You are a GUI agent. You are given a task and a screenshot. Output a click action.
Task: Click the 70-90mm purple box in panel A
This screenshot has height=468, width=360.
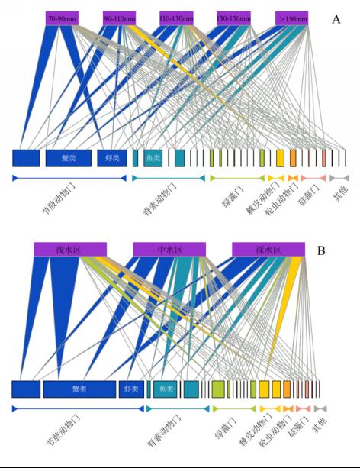click(x=62, y=18)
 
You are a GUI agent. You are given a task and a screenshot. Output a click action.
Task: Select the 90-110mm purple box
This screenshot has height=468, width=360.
click(x=119, y=18)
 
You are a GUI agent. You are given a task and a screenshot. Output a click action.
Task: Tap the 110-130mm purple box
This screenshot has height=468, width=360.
click(x=176, y=18)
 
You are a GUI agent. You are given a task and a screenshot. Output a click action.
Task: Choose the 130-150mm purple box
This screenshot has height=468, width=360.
click(x=233, y=18)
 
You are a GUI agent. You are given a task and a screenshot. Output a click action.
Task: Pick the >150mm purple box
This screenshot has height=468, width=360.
click(x=291, y=18)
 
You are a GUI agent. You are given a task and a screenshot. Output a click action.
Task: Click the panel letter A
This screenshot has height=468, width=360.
click(x=336, y=19)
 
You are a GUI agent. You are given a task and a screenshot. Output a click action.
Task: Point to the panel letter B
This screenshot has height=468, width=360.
click(x=321, y=250)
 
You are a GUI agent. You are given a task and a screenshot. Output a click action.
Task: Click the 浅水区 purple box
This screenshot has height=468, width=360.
click(x=70, y=249)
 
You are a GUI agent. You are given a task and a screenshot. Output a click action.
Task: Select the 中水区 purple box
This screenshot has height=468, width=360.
click(x=169, y=249)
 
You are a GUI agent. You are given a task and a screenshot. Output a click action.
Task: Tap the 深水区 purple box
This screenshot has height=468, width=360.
click(x=268, y=249)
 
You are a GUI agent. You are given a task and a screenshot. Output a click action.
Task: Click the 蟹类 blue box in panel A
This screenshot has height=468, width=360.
click(x=69, y=158)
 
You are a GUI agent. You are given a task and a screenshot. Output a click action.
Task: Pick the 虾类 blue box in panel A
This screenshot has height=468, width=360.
click(x=112, y=158)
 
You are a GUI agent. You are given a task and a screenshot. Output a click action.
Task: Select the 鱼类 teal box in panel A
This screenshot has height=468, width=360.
click(x=153, y=158)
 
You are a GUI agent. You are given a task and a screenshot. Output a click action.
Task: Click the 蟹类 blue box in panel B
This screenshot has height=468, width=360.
click(x=79, y=389)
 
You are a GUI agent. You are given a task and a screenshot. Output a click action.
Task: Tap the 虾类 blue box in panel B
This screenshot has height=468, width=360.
click(x=131, y=389)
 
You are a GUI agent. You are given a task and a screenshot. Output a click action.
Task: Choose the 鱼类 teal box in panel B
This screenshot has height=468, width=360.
click(x=166, y=389)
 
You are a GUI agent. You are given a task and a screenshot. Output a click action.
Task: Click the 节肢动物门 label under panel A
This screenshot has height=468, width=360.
click(x=59, y=198)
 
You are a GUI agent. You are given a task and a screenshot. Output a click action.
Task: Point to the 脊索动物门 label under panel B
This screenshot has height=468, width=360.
click(x=164, y=430)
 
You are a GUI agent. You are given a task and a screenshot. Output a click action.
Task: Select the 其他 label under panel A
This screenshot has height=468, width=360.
click(x=341, y=193)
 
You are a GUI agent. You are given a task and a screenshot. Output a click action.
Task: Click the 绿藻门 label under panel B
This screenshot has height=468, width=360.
click(x=226, y=428)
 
